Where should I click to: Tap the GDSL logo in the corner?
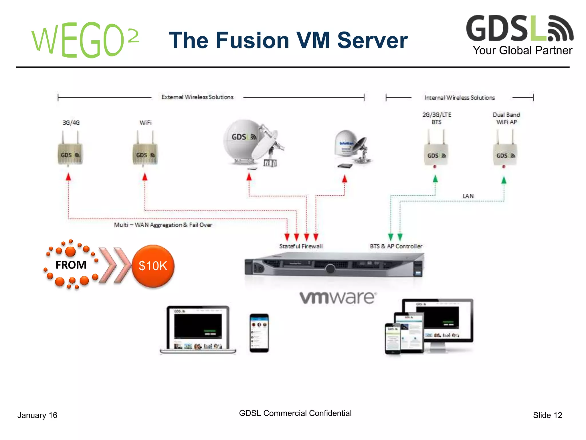[520, 29]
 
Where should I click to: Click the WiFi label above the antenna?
[145, 123]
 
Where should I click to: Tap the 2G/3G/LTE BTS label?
[437, 118]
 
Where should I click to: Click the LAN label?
[468, 196]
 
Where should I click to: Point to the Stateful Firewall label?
[301, 246]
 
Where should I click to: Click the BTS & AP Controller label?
[396, 246]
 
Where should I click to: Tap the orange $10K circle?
[153, 266]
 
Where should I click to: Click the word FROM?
[71, 265]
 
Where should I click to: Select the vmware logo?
[338, 298]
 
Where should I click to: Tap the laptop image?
[198, 329]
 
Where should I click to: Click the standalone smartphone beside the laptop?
[259, 333]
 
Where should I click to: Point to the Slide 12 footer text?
[547, 415]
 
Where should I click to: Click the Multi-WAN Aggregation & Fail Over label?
[163, 225]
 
